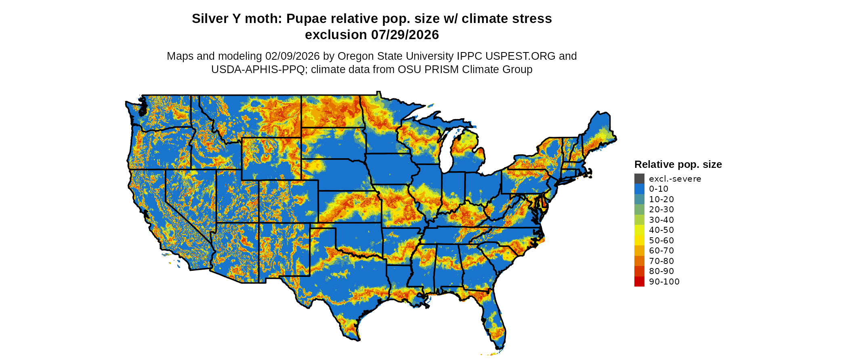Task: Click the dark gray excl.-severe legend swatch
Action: [639, 178]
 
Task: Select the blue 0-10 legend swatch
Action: [639, 189]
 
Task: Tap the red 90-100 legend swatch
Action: [639, 281]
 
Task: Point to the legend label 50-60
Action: [661, 241]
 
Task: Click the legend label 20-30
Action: [661, 209]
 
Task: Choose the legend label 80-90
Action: [661, 271]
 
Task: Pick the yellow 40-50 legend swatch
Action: [639, 230]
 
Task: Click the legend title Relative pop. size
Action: [678, 164]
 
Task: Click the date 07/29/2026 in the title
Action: [405, 35]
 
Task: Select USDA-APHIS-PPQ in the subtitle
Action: [258, 69]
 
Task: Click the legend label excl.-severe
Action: [675, 179]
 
